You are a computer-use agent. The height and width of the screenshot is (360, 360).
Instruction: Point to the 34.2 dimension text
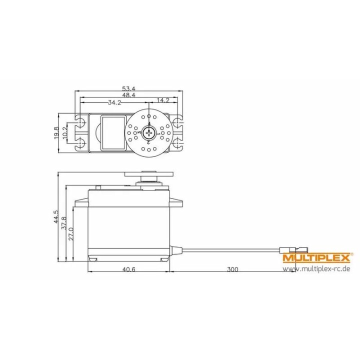pyautogui.click(x=114, y=102)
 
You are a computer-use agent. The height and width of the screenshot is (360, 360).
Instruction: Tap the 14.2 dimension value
pyautogui.click(x=162, y=100)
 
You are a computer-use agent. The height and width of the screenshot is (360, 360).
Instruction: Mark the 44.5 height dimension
pyautogui.click(x=56, y=218)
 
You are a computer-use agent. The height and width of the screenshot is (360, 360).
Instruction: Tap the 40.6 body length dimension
pyautogui.click(x=128, y=269)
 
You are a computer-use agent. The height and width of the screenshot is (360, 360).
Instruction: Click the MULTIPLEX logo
pyautogui.click(x=316, y=258)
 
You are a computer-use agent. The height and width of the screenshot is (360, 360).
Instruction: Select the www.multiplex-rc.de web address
pyautogui.click(x=316, y=269)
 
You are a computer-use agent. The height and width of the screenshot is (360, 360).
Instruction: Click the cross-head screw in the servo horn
pyautogui.click(x=148, y=132)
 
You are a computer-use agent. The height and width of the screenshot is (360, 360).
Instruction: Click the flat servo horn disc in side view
pyautogui.click(x=148, y=173)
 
